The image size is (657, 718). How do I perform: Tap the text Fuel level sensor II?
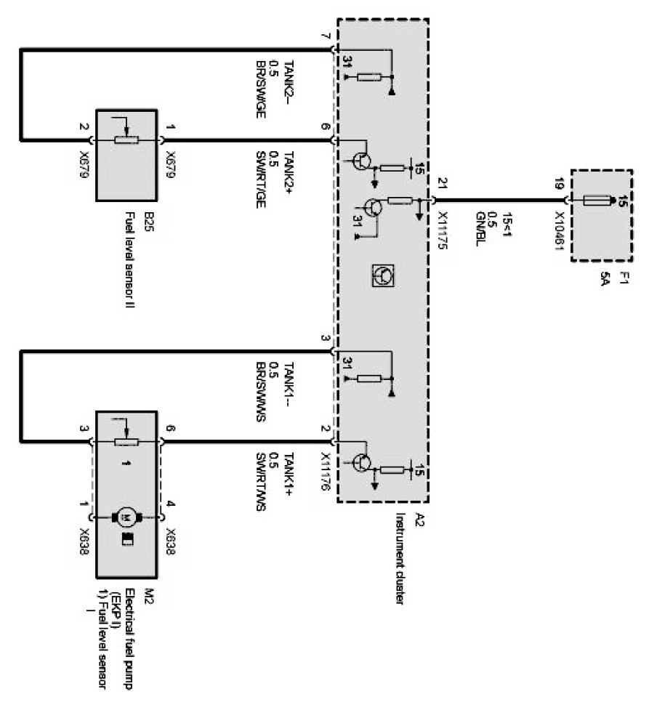132,257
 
